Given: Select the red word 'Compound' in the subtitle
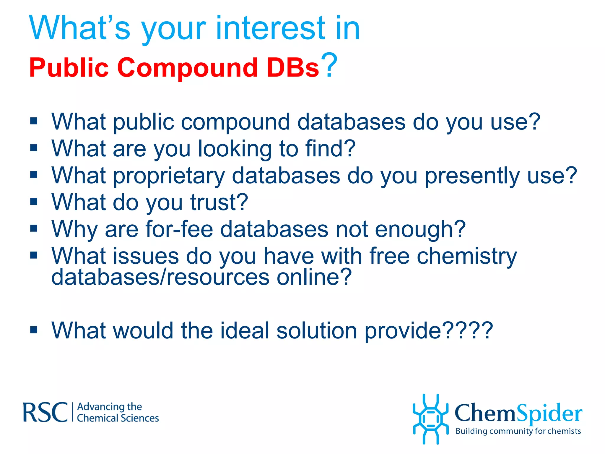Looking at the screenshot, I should [187, 68].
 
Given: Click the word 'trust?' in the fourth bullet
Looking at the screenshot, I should [219, 202].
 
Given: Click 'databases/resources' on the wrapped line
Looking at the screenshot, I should [160, 277].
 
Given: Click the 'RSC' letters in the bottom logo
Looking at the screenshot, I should [45, 412].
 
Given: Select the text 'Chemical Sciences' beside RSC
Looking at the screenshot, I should [118, 418].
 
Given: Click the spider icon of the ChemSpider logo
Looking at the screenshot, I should [430, 419].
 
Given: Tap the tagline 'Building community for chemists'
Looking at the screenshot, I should [518, 431].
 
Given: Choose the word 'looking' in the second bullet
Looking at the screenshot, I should [235, 149].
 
